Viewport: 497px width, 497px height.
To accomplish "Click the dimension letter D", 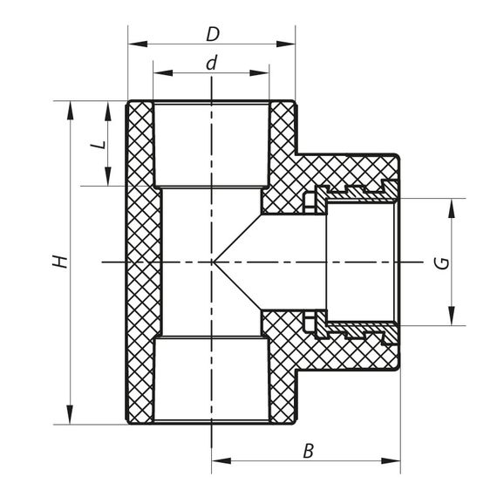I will [x=211, y=34].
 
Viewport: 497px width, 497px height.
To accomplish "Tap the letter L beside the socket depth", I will [x=99, y=143].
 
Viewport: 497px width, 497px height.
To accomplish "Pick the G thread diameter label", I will [x=444, y=262].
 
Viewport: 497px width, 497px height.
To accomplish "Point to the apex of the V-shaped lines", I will [x=214, y=262].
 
